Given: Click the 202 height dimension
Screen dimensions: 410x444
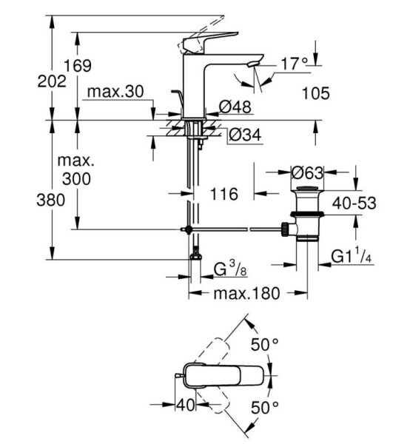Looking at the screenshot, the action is point(52,82).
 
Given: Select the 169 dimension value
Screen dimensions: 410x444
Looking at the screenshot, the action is point(78,66).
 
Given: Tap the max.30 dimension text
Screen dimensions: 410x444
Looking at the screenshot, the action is point(115,92).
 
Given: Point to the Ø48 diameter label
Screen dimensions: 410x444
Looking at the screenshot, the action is point(235,107).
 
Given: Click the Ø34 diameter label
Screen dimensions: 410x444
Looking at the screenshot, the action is point(245,135).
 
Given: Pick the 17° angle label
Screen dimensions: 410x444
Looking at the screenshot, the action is point(295,64).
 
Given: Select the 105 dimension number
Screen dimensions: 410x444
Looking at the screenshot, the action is point(316,93).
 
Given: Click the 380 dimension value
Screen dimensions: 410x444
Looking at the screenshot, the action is point(50,201).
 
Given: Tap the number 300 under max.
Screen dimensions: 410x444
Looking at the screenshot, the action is point(76,179).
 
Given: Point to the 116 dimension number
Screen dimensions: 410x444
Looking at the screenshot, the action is point(224,194).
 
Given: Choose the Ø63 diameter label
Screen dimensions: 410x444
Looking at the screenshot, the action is point(307,172).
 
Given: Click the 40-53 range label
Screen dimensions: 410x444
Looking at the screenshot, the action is point(354,203).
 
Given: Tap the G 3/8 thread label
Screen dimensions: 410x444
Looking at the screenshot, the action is point(230,269).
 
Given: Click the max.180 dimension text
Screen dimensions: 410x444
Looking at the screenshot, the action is point(247,293).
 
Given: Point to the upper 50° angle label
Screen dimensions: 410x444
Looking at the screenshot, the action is point(265,344).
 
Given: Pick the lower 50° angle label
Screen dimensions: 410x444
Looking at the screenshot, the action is point(265,408).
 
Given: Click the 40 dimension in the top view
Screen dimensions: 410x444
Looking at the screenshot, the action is point(186,405).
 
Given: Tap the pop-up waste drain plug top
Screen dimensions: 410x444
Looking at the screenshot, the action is point(307,189).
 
